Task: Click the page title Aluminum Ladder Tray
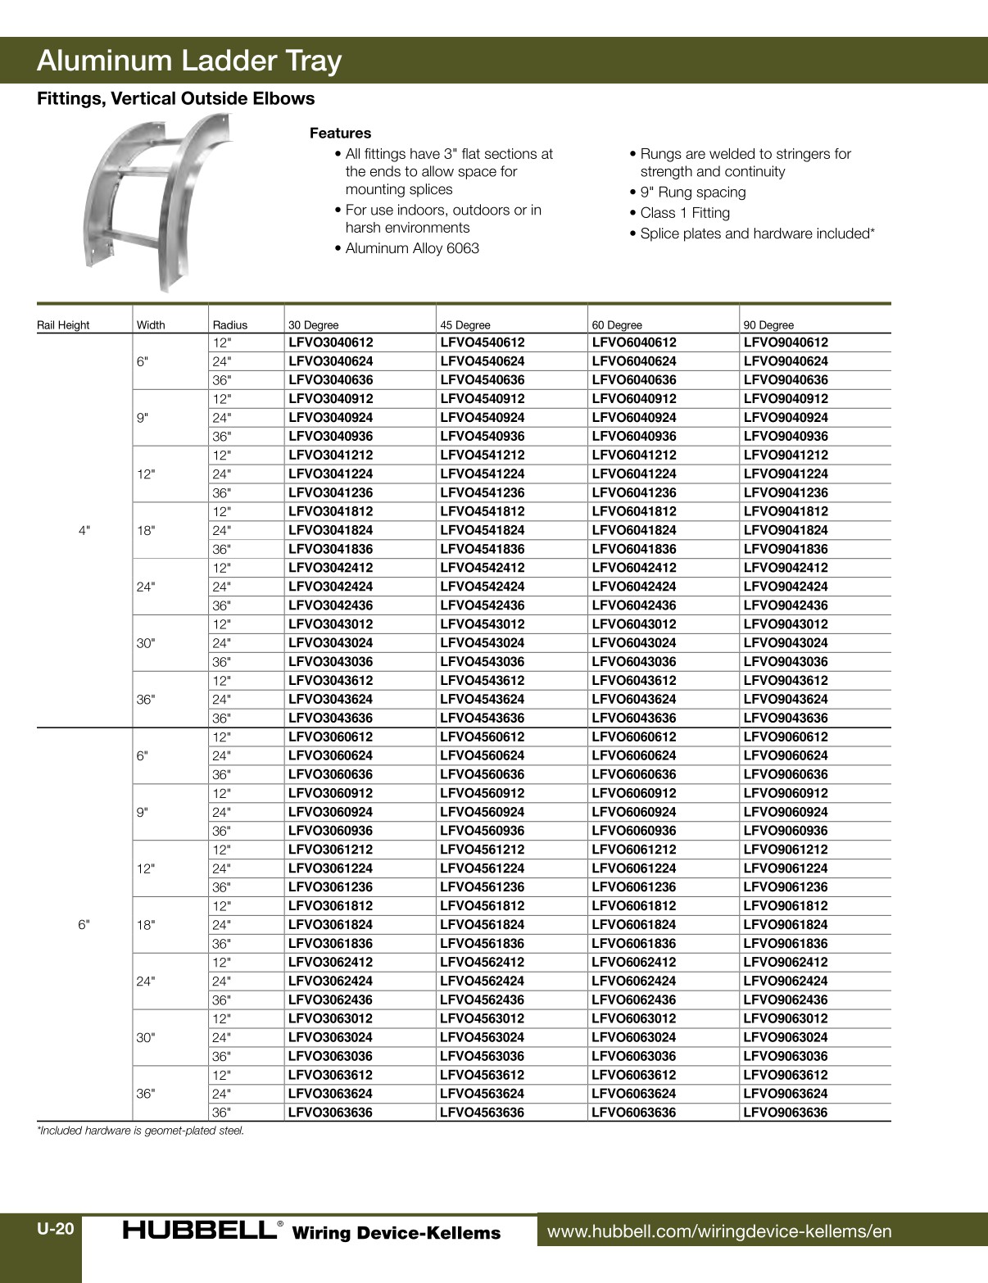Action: (x=189, y=61)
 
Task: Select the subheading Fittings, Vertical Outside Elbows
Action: (x=175, y=99)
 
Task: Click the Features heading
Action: (x=340, y=133)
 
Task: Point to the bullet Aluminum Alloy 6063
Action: (x=411, y=248)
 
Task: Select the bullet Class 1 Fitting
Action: (x=684, y=213)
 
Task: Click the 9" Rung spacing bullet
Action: (x=692, y=193)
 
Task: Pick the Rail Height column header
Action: (x=63, y=325)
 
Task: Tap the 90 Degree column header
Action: (x=768, y=325)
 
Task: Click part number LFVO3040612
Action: (x=330, y=342)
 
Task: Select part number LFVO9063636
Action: (x=785, y=1113)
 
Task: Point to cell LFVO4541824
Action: (x=482, y=530)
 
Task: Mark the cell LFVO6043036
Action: (x=633, y=662)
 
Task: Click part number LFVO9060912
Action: (x=785, y=793)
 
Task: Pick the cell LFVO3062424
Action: (x=330, y=981)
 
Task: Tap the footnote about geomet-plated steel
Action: (x=141, y=1131)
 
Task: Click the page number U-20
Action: (x=55, y=1229)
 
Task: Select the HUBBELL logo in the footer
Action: (x=200, y=1230)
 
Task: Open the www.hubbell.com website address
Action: (x=718, y=1231)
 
